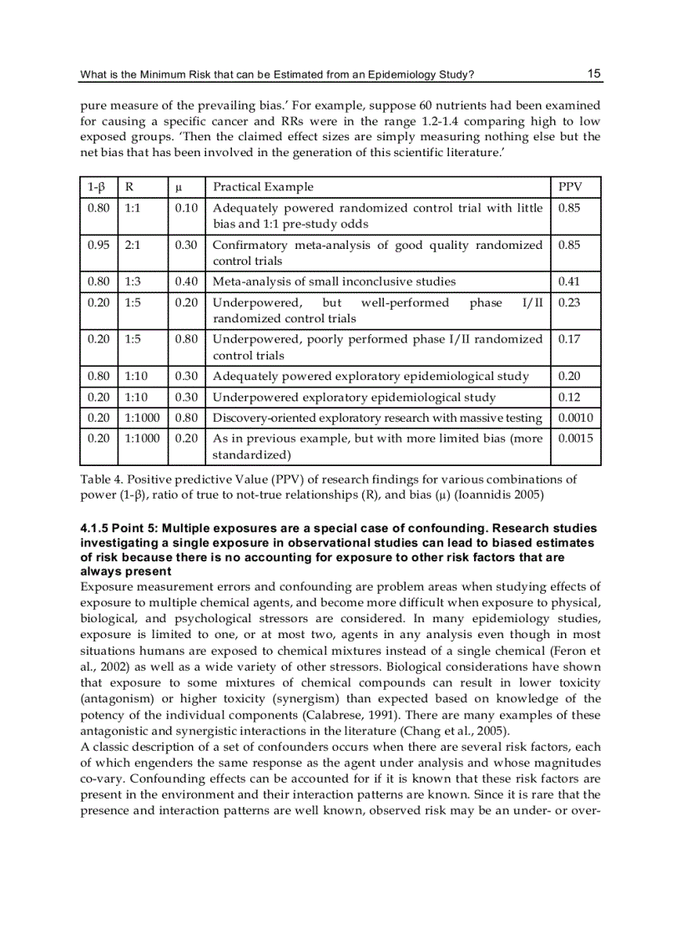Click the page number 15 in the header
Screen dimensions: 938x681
pyautogui.click(x=593, y=74)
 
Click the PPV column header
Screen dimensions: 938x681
pyautogui.click(x=569, y=186)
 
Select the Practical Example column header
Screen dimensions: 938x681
pyautogui.click(x=263, y=186)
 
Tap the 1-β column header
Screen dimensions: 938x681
pyautogui.click(x=96, y=186)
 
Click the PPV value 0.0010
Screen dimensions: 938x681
pyautogui.click(x=574, y=418)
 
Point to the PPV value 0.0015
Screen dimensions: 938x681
pyautogui.click(x=574, y=439)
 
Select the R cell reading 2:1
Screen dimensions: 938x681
pyautogui.click(x=132, y=245)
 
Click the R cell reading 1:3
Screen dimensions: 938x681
pyautogui.click(x=132, y=281)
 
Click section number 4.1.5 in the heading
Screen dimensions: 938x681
pyautogui.click(x=97, y=528)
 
